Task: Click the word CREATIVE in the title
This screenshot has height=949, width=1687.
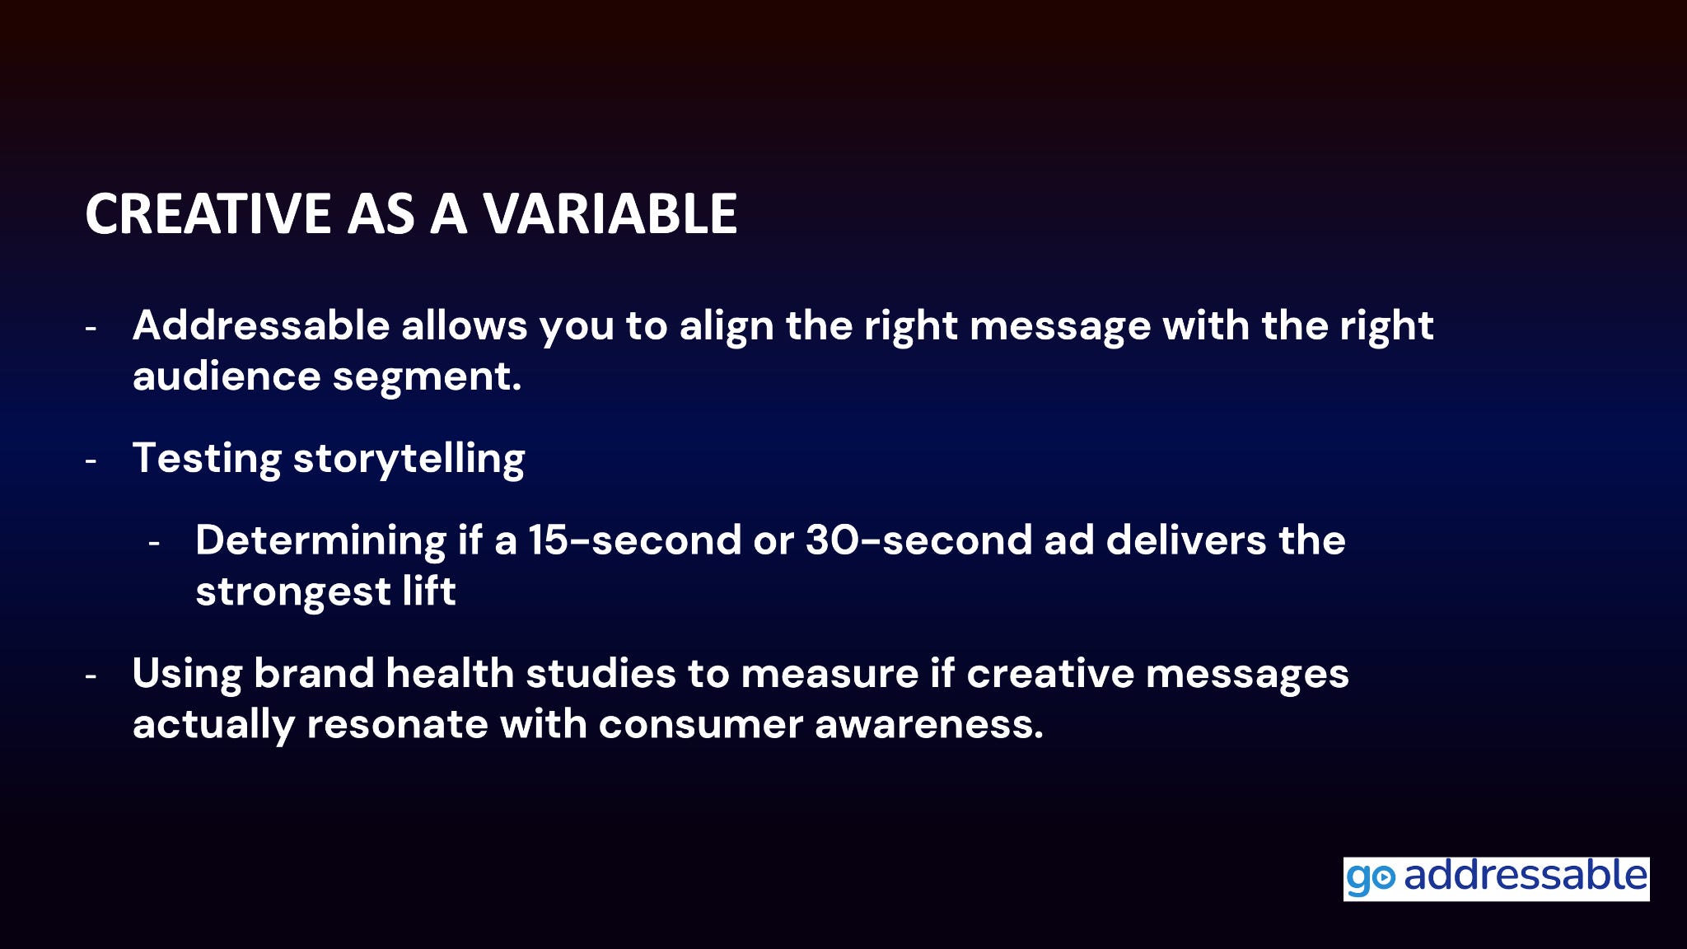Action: pos(208,213)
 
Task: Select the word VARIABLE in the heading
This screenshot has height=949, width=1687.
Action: pos(610,213)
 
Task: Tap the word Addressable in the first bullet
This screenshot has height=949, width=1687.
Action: pos(261,325)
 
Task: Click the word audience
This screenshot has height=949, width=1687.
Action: pos(227,376)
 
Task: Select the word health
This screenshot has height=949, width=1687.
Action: pos(450,673)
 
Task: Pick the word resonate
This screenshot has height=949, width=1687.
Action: pos(397,724)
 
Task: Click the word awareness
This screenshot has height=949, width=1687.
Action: pos(929,724)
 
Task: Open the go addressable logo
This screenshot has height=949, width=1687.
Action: pos(1496,879)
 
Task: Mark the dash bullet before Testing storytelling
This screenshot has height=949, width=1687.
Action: pos(91,461)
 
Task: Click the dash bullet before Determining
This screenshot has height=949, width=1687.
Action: pos(154,544)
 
